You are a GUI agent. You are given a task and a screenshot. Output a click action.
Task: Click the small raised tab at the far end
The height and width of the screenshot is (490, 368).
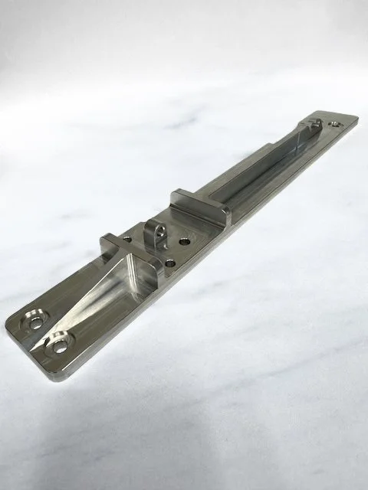312,123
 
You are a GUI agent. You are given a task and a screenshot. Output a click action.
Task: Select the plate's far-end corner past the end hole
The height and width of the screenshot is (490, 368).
354,119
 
